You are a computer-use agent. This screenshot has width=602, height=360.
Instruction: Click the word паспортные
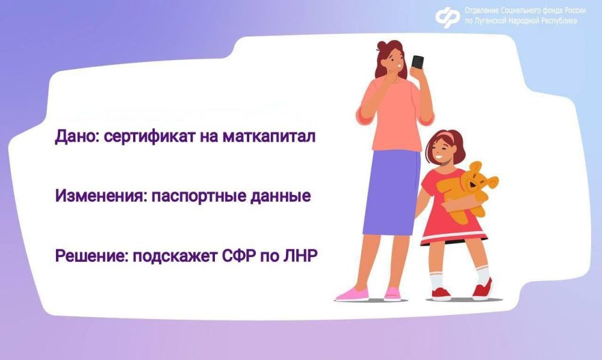(x=193, y=197)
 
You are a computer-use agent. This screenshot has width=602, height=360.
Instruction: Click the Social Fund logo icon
(x=447, y=17)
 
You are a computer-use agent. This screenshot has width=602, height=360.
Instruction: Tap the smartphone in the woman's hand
(x=417, y=64)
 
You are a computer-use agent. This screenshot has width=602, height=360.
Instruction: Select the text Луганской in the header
(x=494, y=21)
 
